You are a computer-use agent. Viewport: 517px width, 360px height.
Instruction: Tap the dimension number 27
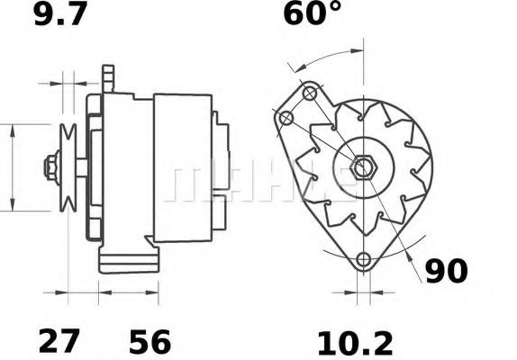[60, 342]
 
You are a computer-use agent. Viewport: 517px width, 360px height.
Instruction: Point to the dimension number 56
[148, 342]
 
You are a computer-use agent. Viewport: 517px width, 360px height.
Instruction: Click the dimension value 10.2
[355, 342]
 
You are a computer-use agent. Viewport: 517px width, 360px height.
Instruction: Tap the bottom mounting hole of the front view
[364, 260]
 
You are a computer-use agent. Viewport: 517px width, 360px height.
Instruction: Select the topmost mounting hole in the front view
[310, 93]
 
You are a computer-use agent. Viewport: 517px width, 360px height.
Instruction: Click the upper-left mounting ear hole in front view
[286, 119]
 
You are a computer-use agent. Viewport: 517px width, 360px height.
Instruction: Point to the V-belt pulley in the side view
[66, 167]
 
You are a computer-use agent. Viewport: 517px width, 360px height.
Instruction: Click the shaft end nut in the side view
[50, 167]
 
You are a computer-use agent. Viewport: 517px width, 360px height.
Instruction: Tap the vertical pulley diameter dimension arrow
[12, 167]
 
